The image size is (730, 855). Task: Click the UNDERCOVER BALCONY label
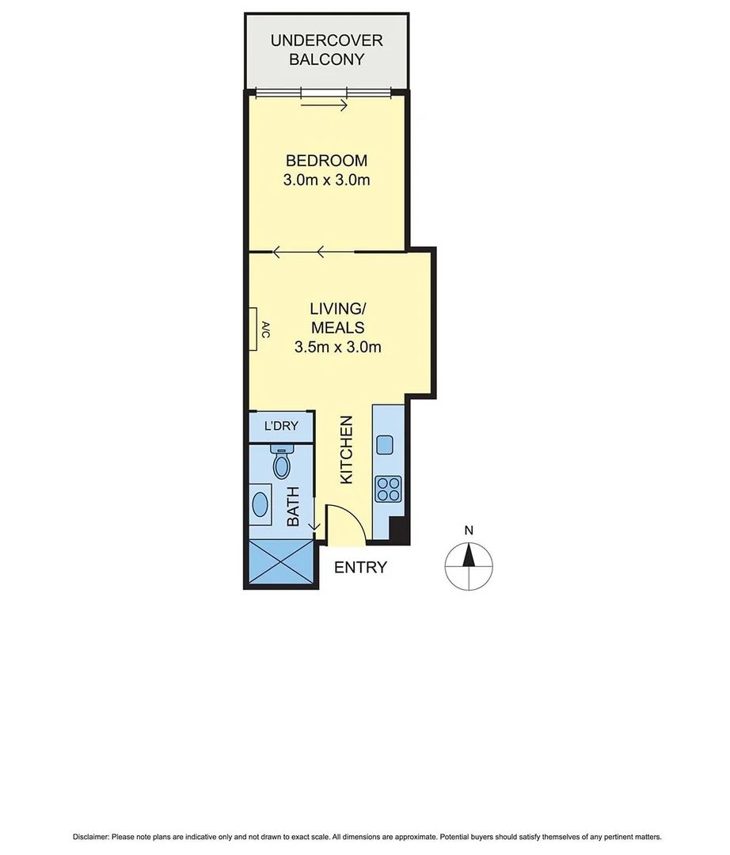tap(326, 50)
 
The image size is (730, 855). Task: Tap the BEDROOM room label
tap(326, 161)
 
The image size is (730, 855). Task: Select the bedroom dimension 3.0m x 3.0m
tap(326, 180)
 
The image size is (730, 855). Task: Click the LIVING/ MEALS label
tap(337, 317)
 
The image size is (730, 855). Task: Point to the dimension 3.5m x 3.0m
tap(337, 347)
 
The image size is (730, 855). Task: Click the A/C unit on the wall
tap(256, 329)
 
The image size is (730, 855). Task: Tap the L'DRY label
tap(281, 427)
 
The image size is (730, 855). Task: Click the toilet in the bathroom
tap(281, 462)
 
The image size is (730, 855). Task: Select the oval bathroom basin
tap(261, 503)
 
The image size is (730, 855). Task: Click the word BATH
tap(292, 507)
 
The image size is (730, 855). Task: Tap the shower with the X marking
tap(281, 563)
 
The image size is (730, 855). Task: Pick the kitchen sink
tap(386, 444)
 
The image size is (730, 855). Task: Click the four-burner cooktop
tap(388, 488)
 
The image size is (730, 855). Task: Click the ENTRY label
tap(360, 568)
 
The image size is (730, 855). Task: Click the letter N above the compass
tap(469, 531)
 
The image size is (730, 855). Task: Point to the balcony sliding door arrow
tap(325, 105)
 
